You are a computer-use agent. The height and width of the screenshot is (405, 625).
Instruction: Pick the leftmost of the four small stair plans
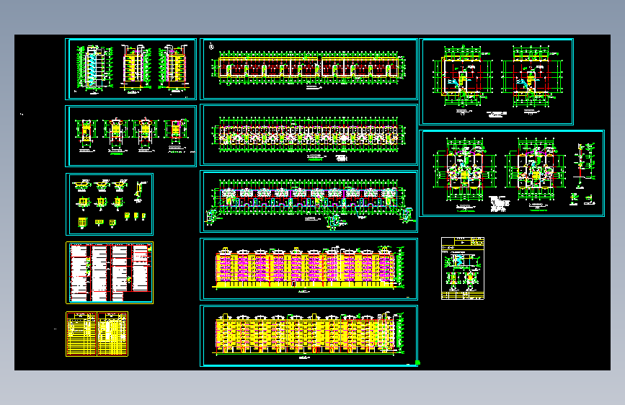click(86, 134)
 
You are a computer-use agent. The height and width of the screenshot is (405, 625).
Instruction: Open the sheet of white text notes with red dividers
click(110, 272)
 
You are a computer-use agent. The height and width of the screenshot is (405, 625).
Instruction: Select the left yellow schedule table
click(81, 334)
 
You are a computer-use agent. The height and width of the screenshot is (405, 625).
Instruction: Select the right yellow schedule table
click(112, 334)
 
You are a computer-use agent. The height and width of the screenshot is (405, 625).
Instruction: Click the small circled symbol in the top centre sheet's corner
click(210, 48)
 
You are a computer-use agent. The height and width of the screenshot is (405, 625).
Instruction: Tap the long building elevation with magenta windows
click(309, 268)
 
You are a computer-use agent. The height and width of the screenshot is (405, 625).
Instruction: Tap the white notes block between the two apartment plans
click(500, 202)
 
